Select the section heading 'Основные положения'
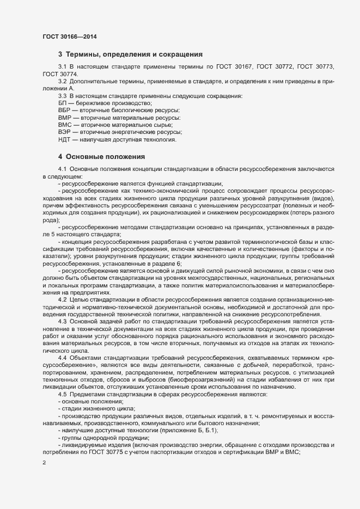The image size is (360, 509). click(x=101, y=157)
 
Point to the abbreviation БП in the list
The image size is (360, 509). click(x=63, y=103)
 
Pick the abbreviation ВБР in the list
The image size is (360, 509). click(x=64, y=111)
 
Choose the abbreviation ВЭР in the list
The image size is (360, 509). click(x=64, y=132)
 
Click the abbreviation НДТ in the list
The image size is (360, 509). click(x=64, y=140)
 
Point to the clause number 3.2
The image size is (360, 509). click(x=63, y=81)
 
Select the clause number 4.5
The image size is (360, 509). click(x=62, y=393)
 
